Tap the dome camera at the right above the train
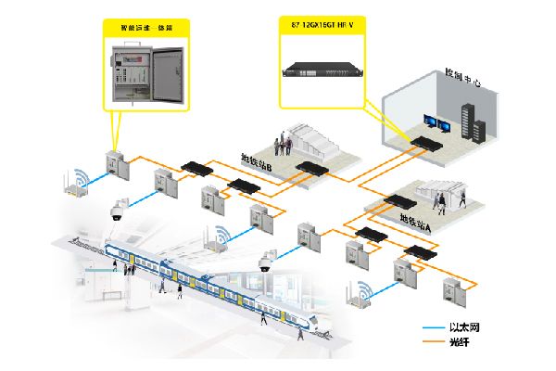pyautogui.click(x=265, y=261)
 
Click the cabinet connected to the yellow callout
pyautogui.click(x=114, y=163)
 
